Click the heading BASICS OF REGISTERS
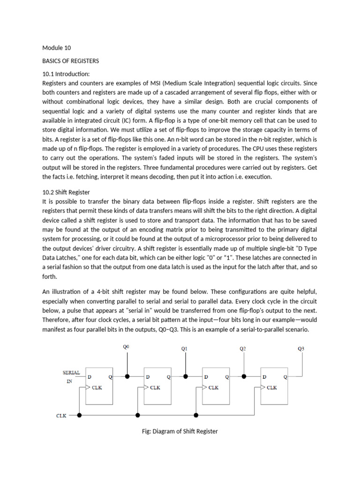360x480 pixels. click(70, 60)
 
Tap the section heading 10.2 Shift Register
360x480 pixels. click(66, 192)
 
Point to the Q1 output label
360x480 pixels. click(184, 348)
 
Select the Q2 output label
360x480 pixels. click(243, 348)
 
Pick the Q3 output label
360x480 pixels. click(300, 348)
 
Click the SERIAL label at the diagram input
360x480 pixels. click(71, 373)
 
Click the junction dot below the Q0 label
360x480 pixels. click(127, 376)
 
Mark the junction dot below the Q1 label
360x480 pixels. click(186, 376)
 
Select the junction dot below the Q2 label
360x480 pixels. click(244, 376)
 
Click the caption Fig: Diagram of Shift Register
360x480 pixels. click(180, 431)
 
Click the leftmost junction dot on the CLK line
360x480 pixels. click(80, 415)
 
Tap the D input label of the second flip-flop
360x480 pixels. click(148, 376)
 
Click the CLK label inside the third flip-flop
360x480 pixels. click(213, 388)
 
